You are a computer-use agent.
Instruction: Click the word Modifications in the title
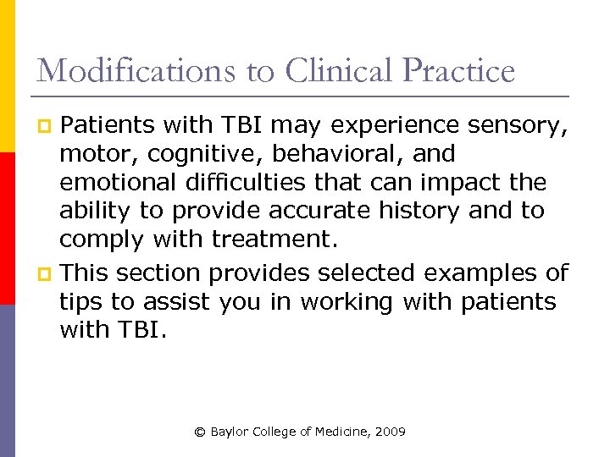[136, 70]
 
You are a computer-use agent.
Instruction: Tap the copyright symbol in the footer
[200, 432]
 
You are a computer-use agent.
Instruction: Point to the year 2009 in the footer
[391, 432]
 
